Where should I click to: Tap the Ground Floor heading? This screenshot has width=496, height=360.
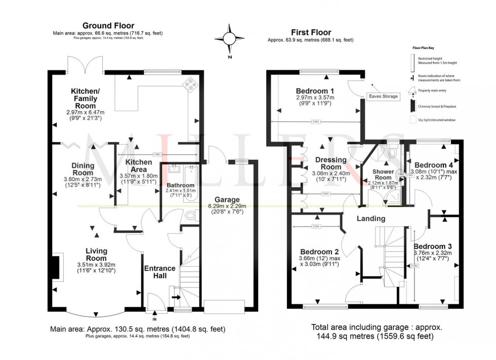[x=108, y=25]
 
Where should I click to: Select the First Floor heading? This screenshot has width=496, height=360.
[x=310, y=31]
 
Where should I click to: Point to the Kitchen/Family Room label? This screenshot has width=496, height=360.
[x=85, y=96]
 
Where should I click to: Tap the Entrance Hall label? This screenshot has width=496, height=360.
[x=160, y=272]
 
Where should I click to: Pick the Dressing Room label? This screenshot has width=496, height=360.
[x=331, y=164]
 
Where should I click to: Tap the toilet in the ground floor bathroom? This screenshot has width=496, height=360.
[x=190, y=215]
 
